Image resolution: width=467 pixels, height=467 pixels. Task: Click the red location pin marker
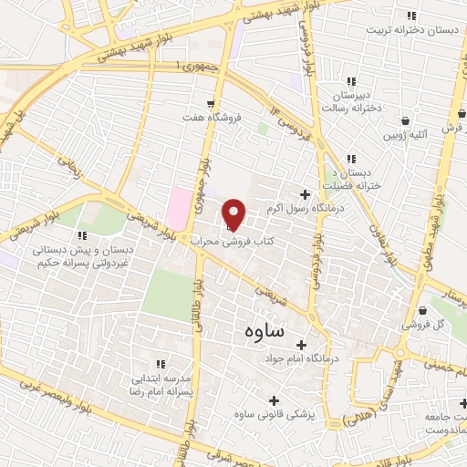coord(234,213)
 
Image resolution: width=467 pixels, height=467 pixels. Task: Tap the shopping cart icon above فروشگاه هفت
coord(211,104)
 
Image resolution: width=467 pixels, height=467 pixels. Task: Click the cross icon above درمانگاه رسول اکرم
coord(305,193)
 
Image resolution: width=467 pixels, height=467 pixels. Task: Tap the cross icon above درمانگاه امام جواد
coord(300,344)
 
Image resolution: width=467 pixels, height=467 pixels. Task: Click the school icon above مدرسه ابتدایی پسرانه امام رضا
coord(161,365)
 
